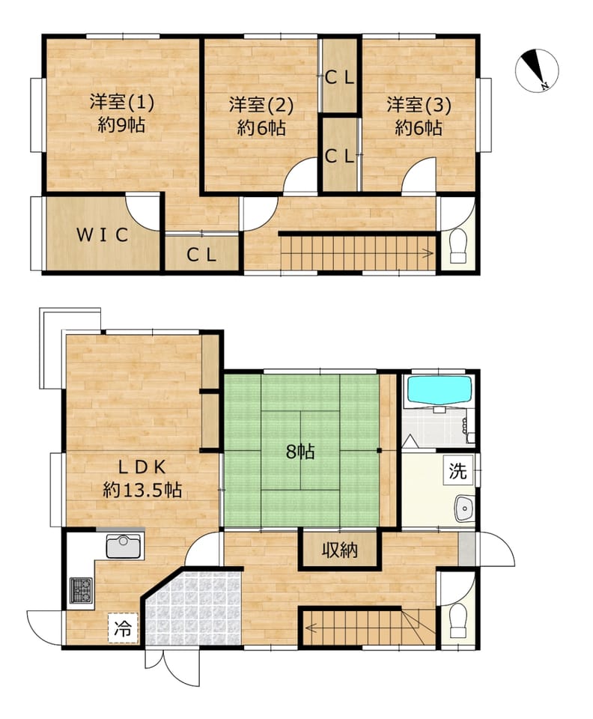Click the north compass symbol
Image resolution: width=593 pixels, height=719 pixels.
pyautogui.click(x=537, y=70)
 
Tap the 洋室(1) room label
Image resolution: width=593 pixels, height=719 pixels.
pyautogui.click(x=122, y=102)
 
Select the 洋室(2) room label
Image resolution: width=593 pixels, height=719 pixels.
pyautogui.click(x=261, y=106)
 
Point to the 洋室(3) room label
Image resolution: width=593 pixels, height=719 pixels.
pyautogui.click(x=419, y=105)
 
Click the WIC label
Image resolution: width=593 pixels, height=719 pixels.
pyautogui.click(x=102, y=235)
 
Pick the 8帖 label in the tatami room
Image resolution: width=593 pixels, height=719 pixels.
pyautogui.click(x=300, y=452)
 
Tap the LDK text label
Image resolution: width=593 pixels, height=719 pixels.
pyautogui.click(x=142, y=467)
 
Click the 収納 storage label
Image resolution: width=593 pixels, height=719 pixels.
pyautogui.click(x=339, y=549)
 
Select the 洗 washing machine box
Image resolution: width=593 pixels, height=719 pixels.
pyautogui.click(x=457, y=470)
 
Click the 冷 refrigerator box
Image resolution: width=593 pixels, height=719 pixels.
pyautogui.click(x=123, y=628)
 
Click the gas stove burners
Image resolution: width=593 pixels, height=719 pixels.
pyautogui.click(x=81, y=591)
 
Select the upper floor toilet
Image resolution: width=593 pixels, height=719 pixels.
pyautogui.click(x=457, y=247)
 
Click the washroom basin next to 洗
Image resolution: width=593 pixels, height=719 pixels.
pyautogui.click(x=464, y=509)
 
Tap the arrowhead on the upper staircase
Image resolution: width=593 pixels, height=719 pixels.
pyautogui.click(x=431, y=253)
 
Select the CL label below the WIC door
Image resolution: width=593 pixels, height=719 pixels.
pyautogui.click(x=201, y=255)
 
